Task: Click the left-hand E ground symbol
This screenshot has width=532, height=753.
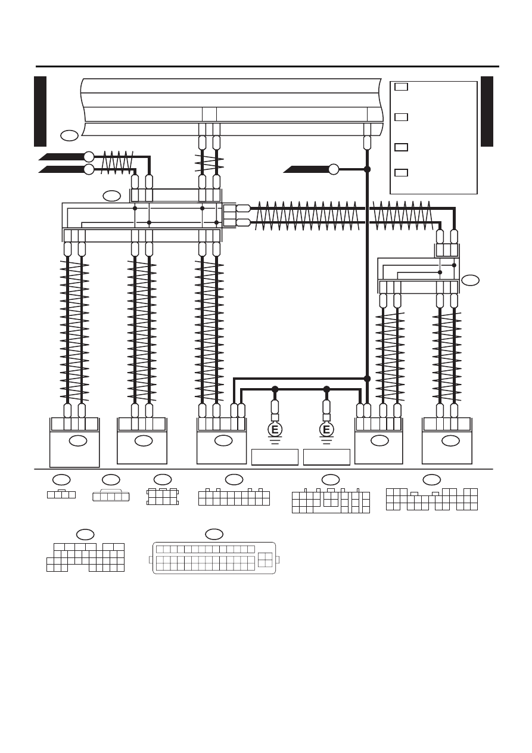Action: click(x=275, y=430)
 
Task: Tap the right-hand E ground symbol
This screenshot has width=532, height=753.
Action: click(x=326, y=430)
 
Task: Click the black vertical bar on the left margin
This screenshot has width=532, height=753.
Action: click(x=40, y=111)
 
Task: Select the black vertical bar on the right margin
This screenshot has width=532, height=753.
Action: click(x=487, y=111)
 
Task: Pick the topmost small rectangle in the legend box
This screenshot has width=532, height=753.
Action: click(x=401, y=86)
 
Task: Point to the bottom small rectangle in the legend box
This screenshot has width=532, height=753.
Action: click(x=401, y=173)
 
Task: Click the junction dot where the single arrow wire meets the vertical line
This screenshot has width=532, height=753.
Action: click(x=367, y=169)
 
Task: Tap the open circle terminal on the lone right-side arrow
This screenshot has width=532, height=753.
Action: click(x=334, y=169)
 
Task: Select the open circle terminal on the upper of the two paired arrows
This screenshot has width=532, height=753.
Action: click(x=89, y=157)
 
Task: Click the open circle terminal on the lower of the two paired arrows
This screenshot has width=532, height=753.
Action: click(x=89, y=169)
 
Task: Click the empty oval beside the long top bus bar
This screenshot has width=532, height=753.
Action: click(x=70, y=135)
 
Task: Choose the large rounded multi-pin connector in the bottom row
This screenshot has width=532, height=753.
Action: click(x=214, y=557)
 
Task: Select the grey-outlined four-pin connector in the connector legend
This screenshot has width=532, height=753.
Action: click(x=111, y=496)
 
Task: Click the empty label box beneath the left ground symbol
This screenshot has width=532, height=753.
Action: click(x=275, y=457)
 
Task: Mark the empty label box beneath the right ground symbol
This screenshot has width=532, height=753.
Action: click(x=326, y=457)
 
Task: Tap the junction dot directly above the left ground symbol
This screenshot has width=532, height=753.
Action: click(x=275, y=389)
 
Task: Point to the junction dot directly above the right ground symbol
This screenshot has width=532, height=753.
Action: click(x=326, y=389)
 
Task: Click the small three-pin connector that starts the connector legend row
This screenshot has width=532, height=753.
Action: click(x=61, y=494)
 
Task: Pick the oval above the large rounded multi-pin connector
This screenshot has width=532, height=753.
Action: click(x=214, y=534)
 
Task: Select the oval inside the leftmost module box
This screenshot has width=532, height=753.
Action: click(x=78, y=441)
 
